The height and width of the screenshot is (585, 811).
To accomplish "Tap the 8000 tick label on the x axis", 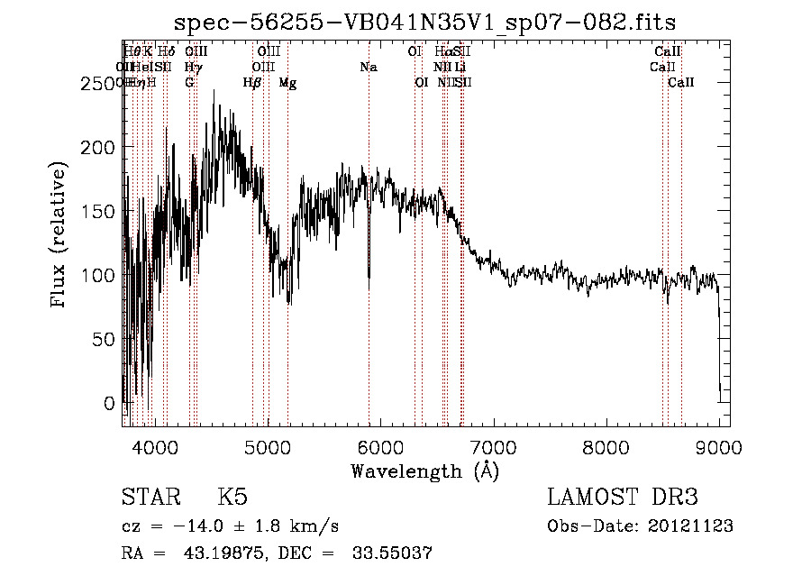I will click(606, 446).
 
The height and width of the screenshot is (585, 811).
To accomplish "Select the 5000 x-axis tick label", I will click(267, 446).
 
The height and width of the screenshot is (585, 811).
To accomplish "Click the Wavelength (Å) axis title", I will click(424, 471).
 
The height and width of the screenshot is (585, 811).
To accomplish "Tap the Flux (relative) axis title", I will click(59, 236).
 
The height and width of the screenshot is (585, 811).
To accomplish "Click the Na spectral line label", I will click(368, 68).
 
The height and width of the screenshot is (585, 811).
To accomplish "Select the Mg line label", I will click(287, 83).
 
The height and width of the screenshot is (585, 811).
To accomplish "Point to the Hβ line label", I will click(252, 83).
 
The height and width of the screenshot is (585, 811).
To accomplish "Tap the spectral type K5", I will click(232, 498).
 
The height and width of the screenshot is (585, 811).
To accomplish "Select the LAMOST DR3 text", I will click(623, 498).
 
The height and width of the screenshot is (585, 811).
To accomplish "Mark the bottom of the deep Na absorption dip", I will click(369, 287).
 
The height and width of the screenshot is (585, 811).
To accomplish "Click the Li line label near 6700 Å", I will click(460, 68).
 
